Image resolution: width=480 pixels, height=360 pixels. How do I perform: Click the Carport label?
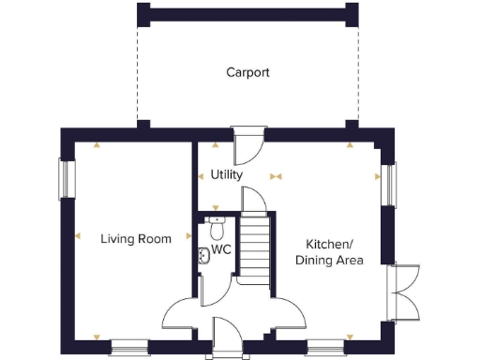(247, 72)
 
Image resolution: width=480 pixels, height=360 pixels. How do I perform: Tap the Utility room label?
(227, 174)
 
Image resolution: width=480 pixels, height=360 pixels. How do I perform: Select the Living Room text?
(136, 239)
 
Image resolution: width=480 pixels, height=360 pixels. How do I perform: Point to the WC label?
(221, 250)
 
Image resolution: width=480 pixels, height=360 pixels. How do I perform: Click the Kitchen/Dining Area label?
(330, 252)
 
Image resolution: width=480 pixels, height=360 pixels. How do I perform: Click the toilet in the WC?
(217, 228)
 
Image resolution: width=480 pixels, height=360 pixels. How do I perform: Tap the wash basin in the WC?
(203, 253)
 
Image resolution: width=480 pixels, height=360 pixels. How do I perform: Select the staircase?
(254, 246)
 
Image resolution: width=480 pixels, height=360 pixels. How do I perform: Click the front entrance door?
(226, 337)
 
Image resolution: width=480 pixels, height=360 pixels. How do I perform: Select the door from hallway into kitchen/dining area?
(285, 313)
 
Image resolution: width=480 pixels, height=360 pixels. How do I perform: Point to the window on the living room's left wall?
(66, 179)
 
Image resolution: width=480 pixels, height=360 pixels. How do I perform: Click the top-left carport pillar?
(142, 14)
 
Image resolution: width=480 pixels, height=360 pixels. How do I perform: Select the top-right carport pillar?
(351, 14)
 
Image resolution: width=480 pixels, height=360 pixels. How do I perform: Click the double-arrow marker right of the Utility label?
(276, 175)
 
